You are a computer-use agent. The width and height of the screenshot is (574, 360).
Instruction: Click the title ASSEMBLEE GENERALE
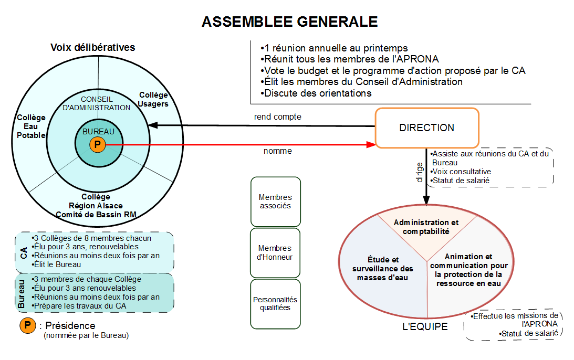(289, 22)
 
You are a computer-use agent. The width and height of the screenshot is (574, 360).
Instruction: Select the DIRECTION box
(426, 128)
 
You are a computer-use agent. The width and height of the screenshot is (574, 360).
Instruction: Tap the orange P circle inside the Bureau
(98, 145)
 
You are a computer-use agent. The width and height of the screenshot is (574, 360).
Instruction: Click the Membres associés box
(275, 202)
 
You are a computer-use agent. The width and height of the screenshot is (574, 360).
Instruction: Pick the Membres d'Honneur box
(275, 252)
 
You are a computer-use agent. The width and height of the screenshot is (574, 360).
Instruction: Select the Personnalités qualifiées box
(275, 304)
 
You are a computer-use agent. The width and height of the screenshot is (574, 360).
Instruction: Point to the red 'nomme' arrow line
(236, 145)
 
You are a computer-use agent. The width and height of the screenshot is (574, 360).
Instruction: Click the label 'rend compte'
(277, 117)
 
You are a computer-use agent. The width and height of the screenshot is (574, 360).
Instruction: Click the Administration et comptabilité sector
(426, 227)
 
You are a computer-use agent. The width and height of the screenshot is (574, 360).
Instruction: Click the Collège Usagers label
(153, 99)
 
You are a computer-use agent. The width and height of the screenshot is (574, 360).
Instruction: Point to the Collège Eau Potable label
(31, 126)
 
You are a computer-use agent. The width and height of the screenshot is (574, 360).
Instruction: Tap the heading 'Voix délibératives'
(93, 48)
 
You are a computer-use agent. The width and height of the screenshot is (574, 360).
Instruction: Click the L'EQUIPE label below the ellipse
(424, 327)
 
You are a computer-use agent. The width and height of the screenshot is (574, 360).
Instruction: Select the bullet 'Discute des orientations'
(317, 93)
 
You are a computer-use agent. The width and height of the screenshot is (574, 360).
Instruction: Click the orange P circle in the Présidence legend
(28, 326)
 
